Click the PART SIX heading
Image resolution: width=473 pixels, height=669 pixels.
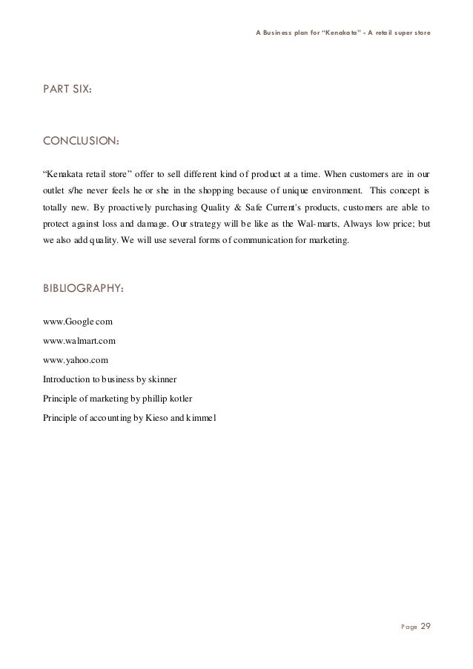point(67,91)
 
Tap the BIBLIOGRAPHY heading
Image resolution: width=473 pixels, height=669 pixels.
point(84,289)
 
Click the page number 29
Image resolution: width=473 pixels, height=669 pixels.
point(425,627)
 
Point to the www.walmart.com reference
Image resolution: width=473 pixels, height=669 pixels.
point(79,341)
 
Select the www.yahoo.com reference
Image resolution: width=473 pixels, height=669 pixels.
point(76,359)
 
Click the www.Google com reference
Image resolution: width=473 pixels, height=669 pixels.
point(78,323)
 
